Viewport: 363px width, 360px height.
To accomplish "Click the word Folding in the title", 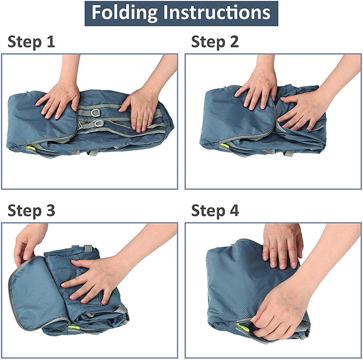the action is (124, 13).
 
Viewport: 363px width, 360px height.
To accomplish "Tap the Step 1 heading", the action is (31, 42).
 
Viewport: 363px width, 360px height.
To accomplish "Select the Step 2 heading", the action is (215, 42).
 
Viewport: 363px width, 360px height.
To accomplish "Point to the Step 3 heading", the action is (31, 210).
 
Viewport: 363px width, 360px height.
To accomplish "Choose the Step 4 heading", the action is (215, 210).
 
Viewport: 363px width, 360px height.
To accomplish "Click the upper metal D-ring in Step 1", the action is (95, 113).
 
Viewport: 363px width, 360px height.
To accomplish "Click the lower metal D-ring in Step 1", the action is (99, 123).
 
